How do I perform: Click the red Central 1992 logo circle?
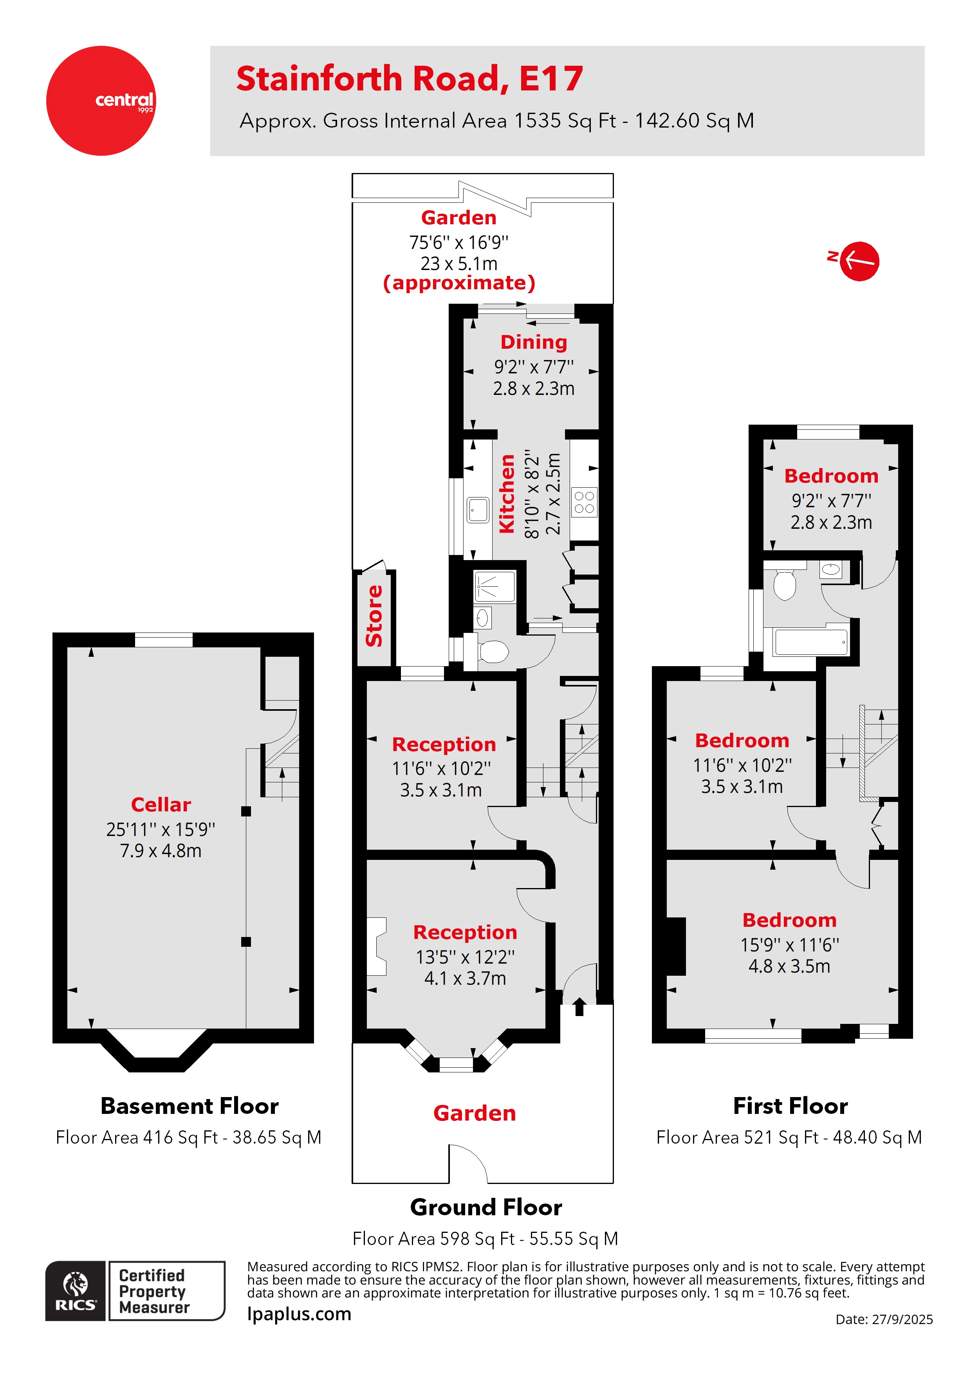(x=101, y=101)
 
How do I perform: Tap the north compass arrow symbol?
(x=859, y=261)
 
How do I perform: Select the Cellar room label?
(x=161, y=804)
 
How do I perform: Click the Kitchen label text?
(x=507, y=493)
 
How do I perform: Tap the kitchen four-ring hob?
(x=584, y=502)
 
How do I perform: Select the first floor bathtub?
(x=810, y=643)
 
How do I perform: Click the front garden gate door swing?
(x=468, y=1163)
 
